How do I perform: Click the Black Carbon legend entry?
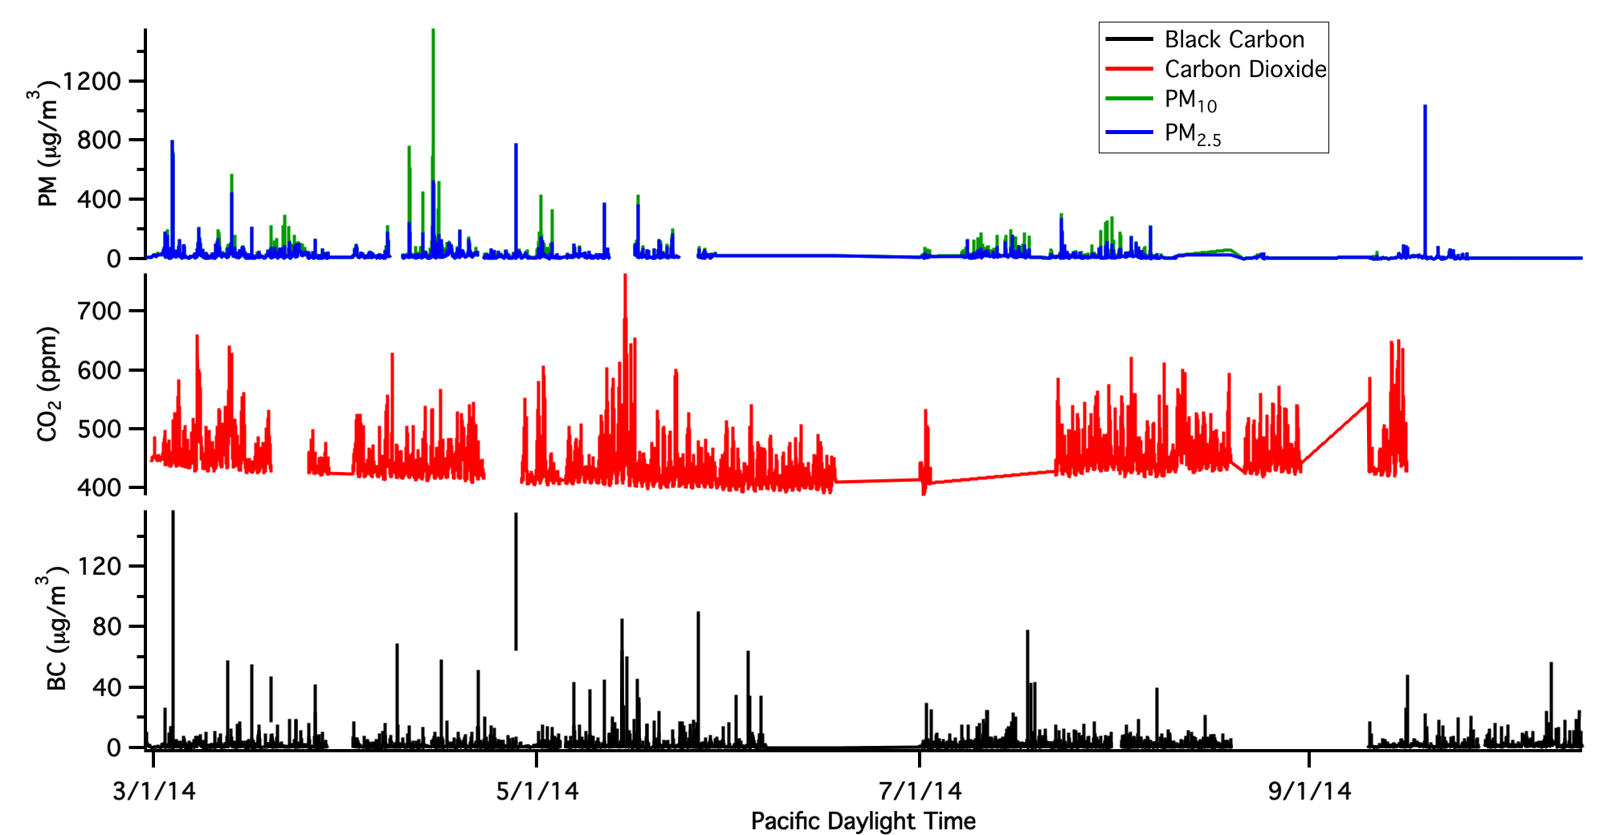1234,39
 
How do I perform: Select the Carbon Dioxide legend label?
1245,69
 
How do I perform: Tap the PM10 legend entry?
1190,100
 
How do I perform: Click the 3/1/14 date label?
154,791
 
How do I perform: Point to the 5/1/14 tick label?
537,791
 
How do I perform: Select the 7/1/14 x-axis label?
920,791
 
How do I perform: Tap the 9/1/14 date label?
1309,791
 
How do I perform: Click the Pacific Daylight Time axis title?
863,821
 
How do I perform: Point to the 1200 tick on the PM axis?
92,81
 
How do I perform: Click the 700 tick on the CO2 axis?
99,311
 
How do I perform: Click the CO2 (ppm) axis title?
48,383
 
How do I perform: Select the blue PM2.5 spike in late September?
1425,108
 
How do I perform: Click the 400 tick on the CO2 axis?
99,487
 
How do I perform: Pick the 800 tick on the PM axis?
99,140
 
